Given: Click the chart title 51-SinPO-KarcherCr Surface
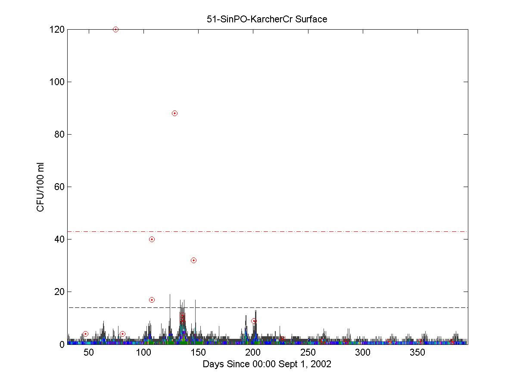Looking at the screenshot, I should [267, 19].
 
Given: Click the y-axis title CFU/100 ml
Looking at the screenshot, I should [40, 187].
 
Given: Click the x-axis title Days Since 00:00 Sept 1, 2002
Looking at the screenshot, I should [267, 364].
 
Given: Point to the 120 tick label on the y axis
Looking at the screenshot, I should [57, 30].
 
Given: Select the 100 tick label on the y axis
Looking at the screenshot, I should [57, 82].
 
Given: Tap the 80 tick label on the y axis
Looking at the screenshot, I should [59, 135].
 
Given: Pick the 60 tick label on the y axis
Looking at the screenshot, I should [59, 187].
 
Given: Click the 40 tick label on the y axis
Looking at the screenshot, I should [59, 240].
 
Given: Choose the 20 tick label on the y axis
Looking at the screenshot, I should [59, 292].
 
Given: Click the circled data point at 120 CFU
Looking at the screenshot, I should [115, 30].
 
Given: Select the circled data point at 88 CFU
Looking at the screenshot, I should [174, 114].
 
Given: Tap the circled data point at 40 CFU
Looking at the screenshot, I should [152, 240].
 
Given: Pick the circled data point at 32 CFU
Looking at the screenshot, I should [193, 261].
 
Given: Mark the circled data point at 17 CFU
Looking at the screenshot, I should [152, 300].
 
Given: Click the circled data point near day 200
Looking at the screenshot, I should [254, 321].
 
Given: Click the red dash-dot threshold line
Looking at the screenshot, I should [302, 232].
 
